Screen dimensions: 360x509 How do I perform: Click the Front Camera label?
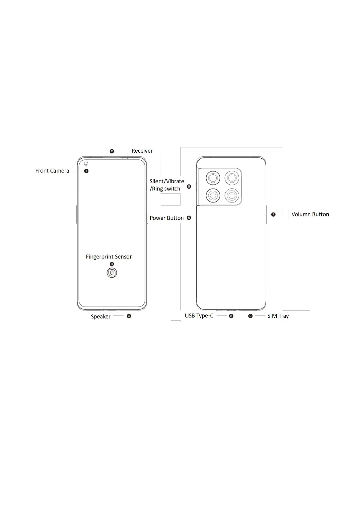point(52,171)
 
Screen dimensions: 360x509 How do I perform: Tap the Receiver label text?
point(142,151)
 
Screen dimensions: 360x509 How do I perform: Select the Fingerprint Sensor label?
point(109,257)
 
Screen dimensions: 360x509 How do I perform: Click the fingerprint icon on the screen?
point(112,273)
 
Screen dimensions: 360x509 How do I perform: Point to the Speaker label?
point(100,316)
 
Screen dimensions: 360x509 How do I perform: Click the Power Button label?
point(166,218)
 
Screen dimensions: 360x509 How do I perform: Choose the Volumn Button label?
point(310,214)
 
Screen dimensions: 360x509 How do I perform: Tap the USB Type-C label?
point(199,316)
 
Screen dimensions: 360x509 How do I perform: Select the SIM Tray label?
point(278,316)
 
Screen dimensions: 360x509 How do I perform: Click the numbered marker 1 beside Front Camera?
point(86,171)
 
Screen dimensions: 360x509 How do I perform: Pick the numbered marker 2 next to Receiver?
point(112,151)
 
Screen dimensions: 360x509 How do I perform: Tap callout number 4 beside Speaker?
point(129,316)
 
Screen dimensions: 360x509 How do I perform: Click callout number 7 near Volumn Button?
point(273,214)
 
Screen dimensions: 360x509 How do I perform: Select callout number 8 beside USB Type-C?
point(231,316)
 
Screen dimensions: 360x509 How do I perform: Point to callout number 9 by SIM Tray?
point(250,316)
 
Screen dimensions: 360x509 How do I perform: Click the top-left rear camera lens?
point(213,178)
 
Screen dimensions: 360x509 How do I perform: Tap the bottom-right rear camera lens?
point(232,196)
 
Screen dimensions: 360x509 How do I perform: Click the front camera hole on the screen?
point(86,164)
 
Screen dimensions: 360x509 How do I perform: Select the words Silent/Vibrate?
point(167,181)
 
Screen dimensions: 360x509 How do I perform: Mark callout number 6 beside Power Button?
point(189,218)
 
